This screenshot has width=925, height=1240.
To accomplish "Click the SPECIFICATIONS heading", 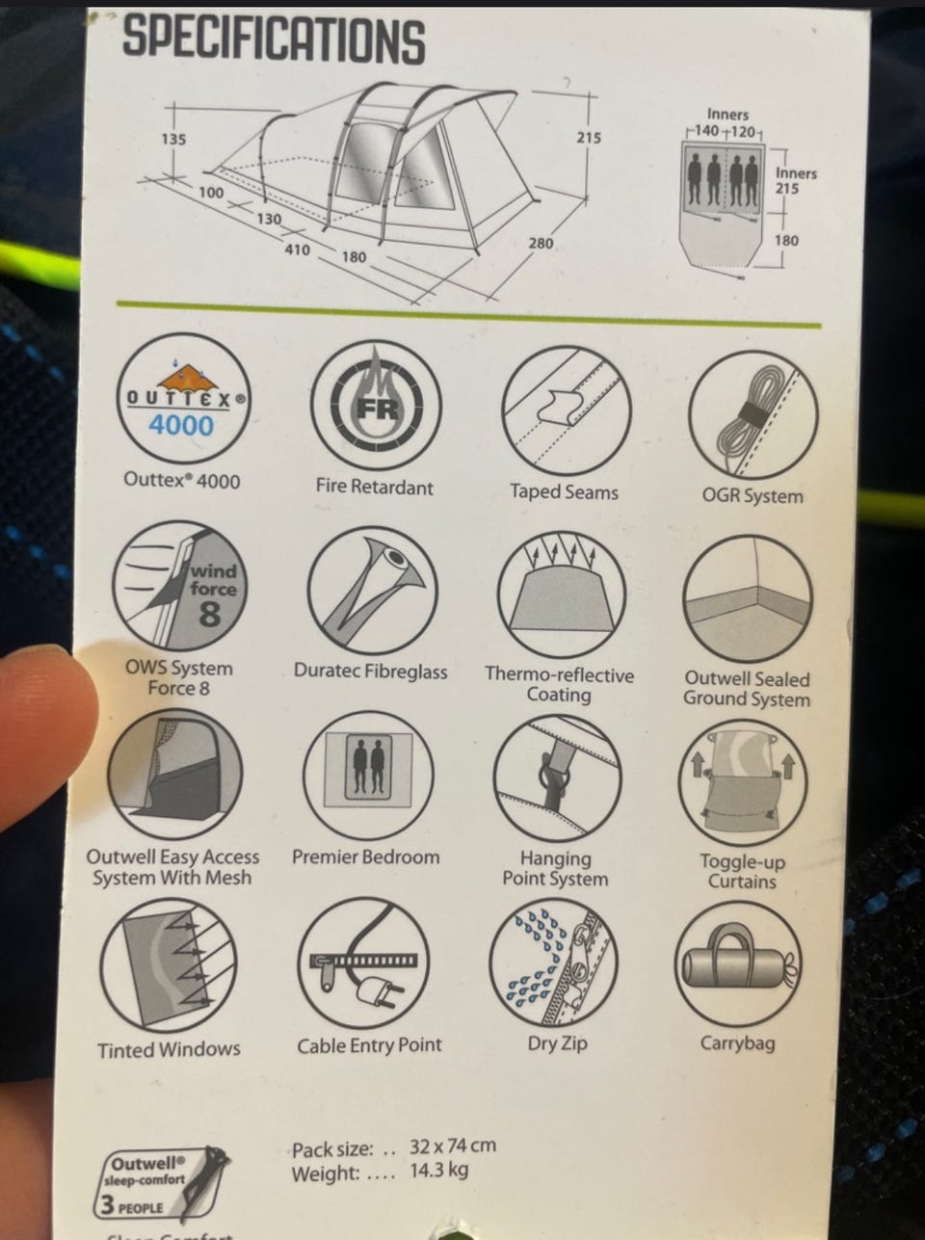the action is (274, 40).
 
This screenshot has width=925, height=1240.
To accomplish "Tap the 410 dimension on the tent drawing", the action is (297, 250).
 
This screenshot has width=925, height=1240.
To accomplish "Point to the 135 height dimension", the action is (173, 139).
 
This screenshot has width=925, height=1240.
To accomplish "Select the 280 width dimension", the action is (541, 244).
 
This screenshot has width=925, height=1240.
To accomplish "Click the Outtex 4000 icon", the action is (183, 399).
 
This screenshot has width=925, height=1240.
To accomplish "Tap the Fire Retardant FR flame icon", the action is (376, 406).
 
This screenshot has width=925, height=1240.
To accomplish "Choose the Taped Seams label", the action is (564, 491).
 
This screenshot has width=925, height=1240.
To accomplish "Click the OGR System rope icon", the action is (753, 415).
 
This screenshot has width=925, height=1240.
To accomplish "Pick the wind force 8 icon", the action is (179, 588).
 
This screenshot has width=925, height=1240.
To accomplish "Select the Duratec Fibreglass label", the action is (370, 672).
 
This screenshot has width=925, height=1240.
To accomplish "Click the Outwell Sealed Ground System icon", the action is (748, 600).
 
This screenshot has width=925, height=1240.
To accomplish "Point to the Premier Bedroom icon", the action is (368, 775).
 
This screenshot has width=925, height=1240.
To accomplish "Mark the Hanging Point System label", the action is (555, 868).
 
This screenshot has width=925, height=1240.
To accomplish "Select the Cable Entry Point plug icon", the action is (363, 963).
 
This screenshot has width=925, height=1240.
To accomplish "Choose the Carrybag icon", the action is (739, 964).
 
